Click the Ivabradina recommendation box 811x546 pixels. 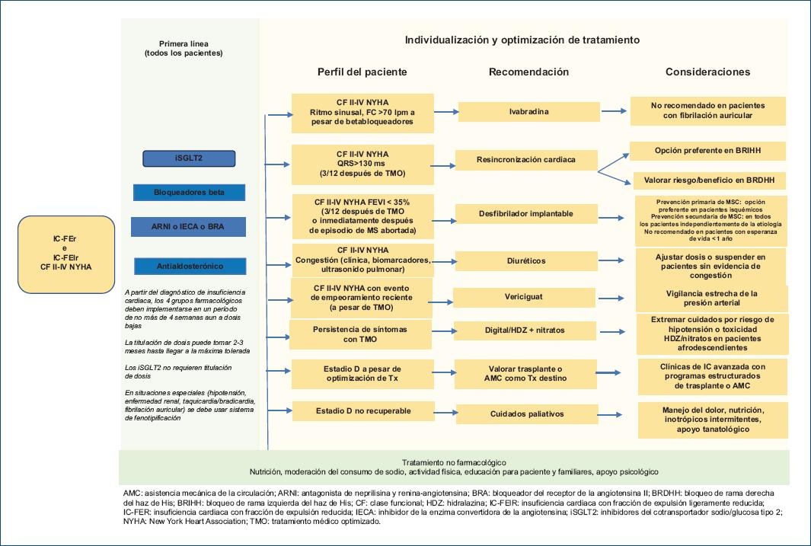tap(529, 112)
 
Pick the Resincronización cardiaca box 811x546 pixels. tap(526, 160)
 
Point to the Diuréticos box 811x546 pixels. tap(525, 261)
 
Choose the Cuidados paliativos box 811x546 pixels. tap(527, 415)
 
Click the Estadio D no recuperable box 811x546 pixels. tap(364, 411)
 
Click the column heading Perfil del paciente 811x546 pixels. tap(362, 72)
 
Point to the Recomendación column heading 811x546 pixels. tap(528, 72)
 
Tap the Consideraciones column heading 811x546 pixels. tap(708, 72)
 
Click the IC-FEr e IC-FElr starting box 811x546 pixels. tap(66, 255)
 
